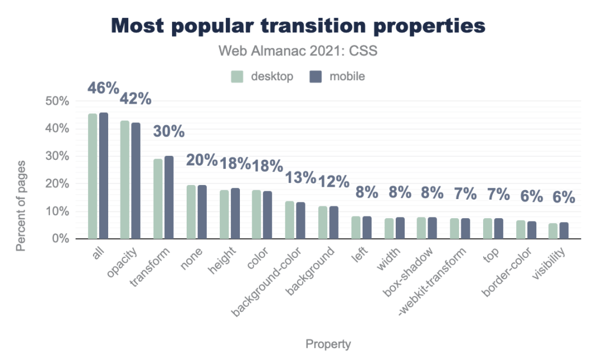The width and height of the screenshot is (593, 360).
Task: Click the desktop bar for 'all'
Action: (92, 176)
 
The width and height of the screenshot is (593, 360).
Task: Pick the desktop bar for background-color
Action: (290, 220)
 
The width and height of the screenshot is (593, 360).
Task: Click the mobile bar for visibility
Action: (564, 230)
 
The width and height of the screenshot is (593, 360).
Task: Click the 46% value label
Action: (104, 89)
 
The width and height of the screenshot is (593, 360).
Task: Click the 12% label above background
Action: (333, 182)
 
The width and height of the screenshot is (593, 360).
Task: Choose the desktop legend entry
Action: (262, 76)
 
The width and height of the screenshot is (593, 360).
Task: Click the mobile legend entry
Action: (337, 76)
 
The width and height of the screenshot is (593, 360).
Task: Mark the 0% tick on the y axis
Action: (59, 239)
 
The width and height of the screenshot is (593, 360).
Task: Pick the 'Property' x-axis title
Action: (328, 344)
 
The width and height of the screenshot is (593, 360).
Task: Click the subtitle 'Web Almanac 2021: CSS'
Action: (298, 51)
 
